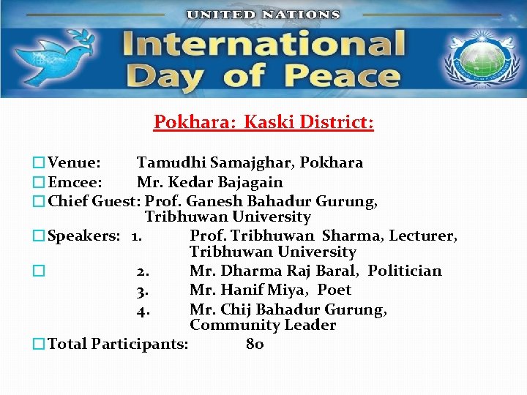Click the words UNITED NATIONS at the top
(263, 14)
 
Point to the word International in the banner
(263, 43)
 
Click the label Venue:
(74, 162)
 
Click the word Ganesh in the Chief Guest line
(215, 200)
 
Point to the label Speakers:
(83, 236)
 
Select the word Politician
(405, 271)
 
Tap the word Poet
(334, 290)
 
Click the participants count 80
(255, 344)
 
